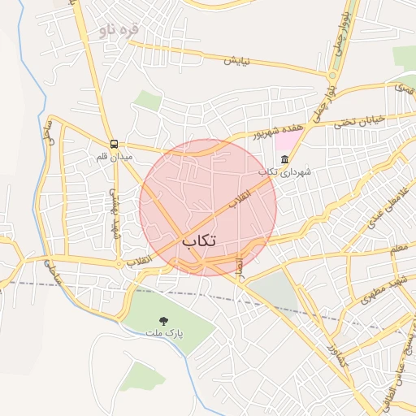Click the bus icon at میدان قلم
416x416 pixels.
pyautogui.click(x=114, y=143)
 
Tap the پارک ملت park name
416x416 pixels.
pyautogui.click(x=165, y=334)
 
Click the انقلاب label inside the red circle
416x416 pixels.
pyautogui.click(x=239, y=201)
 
